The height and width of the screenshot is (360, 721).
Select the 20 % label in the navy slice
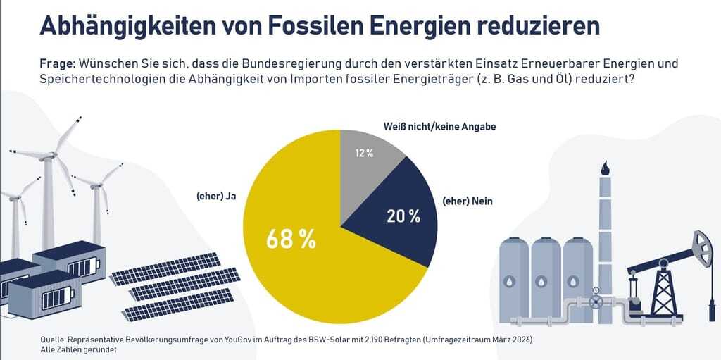[x=403, y=216]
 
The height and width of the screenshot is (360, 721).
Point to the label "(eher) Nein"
[x=468, y=201]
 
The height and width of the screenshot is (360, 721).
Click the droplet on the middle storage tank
[x=545, y=279]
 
